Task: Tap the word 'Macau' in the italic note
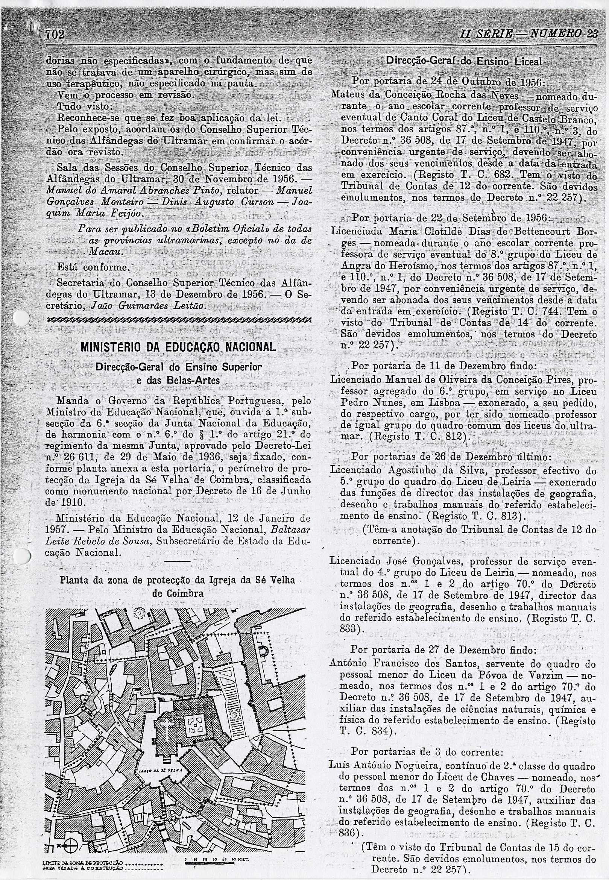pyautogui.click(x=105, y=252)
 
